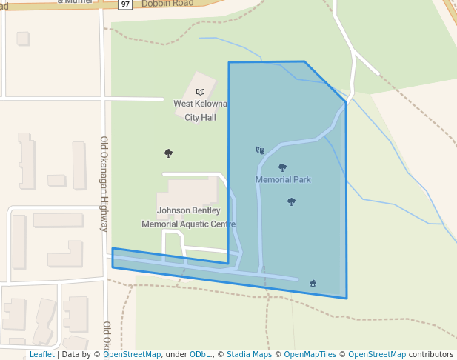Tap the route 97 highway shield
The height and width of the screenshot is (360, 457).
(x=124, y=4)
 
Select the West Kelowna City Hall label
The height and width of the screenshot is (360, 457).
(x=200, y=110)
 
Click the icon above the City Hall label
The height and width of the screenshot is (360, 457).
(x=200, y=92)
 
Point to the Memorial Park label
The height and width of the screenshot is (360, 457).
(x=283, y=179)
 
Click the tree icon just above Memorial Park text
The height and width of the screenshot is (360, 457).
(x=282, y=167)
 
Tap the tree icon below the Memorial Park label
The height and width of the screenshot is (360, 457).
(x=291, y=201)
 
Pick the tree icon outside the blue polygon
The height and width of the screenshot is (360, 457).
(x=168, y=153)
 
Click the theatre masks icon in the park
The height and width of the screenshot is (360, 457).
(x=260, y=150)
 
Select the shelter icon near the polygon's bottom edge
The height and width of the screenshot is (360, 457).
(x=313, y=282)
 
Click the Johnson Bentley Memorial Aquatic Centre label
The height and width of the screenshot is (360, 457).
(x=188, y=217)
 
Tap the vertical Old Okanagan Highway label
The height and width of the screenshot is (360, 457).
(x=104, y=184)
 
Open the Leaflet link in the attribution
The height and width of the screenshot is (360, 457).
(x=41, y=355)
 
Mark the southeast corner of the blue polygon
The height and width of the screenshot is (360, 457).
(x=346, y=299)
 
